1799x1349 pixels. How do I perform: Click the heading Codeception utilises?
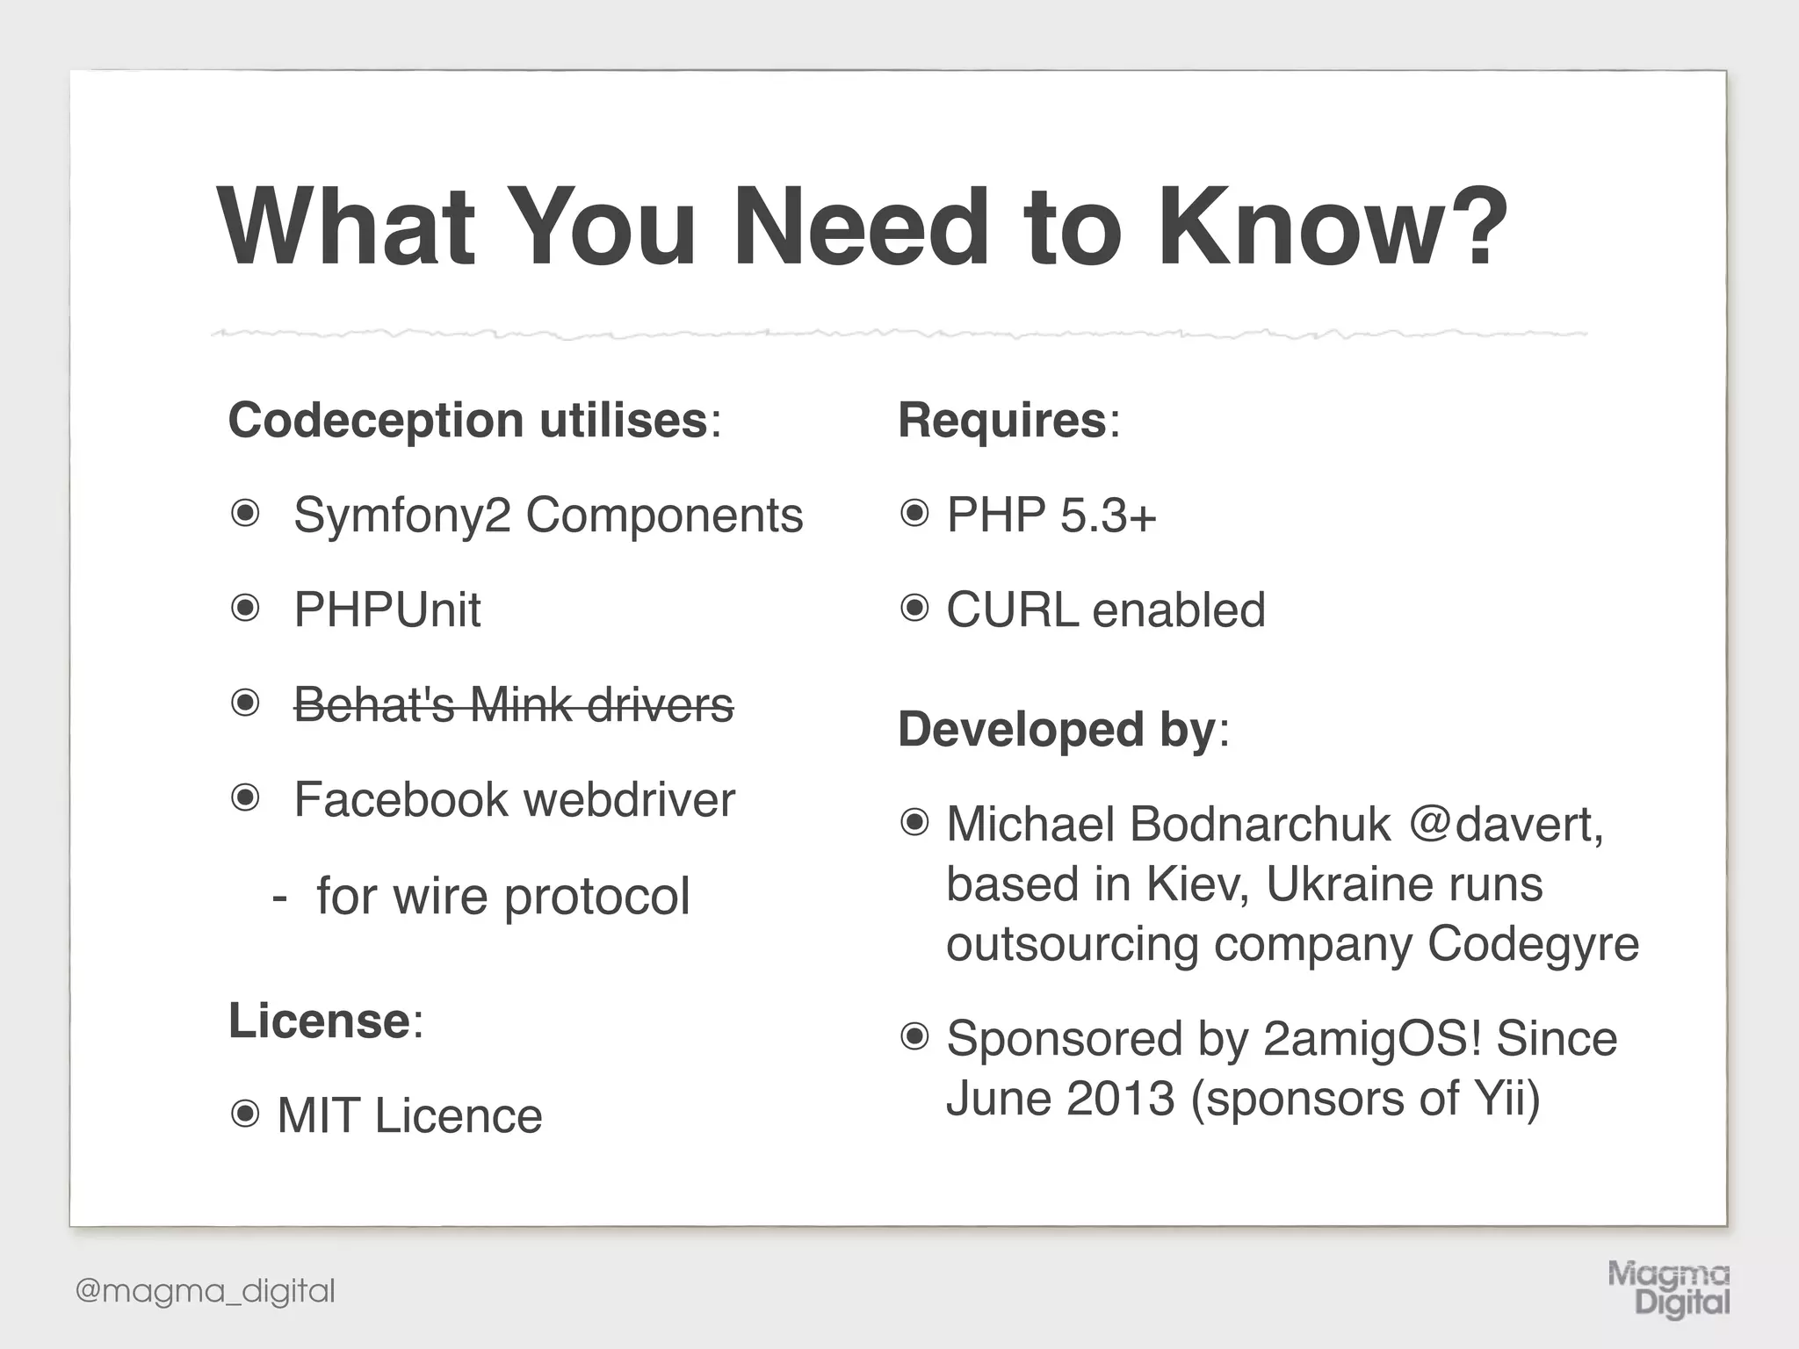(468, 420)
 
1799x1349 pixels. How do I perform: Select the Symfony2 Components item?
(548, 515)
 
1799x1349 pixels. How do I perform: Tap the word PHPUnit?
(387, 610)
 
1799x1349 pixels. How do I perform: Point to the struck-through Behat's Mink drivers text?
(514, 704)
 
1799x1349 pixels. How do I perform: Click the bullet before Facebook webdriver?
(245, 798)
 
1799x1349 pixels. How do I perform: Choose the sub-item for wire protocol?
(502, 896)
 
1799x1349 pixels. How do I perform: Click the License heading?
(319, 1021)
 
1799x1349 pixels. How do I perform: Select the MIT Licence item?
(409, 1116)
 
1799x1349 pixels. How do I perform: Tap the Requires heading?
(1002, 420)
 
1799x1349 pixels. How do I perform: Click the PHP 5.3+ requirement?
(1051, 515)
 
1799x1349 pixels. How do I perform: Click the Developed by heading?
(1057, 729)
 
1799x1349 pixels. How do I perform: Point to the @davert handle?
(1506, 824)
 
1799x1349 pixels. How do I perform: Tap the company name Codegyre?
(1533, 944)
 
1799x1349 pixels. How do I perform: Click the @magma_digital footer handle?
(206, 1291)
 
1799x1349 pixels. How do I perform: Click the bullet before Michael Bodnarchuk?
(914, 823)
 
